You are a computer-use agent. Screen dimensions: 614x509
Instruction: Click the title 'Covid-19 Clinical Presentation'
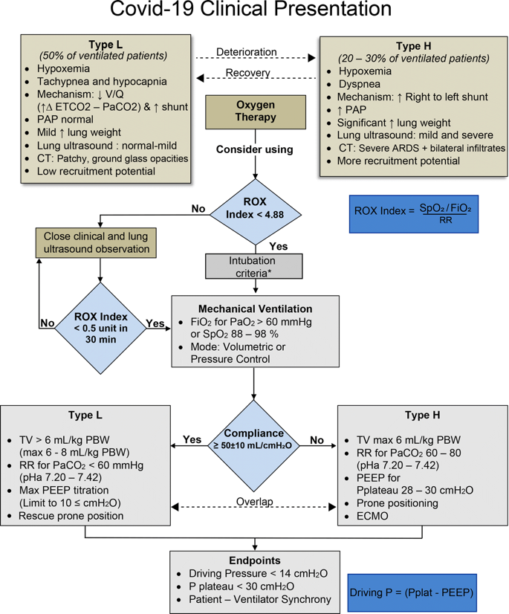pos(250,11)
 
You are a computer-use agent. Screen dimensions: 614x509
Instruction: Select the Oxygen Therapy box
pos(256,111)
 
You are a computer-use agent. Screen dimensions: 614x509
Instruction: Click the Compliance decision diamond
pos(255,439)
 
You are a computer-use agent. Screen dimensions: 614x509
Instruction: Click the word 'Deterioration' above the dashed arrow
pos(246,52)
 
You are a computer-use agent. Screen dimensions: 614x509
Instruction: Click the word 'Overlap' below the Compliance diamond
pos(255,502)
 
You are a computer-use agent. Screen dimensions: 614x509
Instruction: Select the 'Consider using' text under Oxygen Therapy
pos(256,149)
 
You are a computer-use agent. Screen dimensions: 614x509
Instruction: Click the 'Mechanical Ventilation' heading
pos(255,307)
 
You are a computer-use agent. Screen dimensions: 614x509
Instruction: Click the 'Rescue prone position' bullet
pos(71,515)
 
